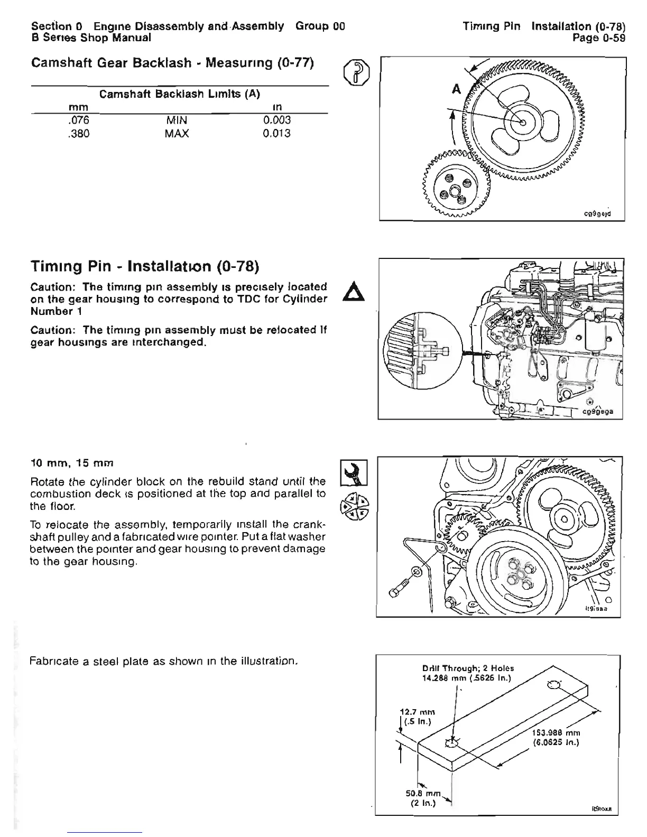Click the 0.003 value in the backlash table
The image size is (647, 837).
276,120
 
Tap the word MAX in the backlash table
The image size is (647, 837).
177,134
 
